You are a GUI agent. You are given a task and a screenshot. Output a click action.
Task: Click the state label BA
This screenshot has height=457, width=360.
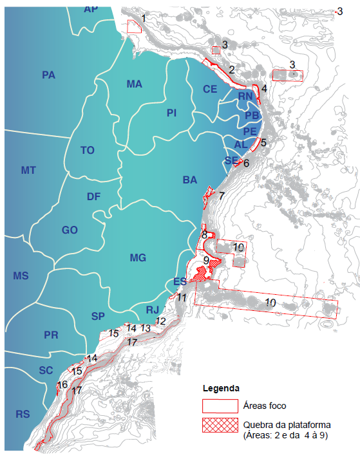pos(189,181)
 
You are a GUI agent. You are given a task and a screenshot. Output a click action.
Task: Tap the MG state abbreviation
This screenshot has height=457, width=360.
pos(138,258)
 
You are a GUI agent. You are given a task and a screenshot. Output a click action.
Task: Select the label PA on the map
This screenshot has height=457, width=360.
pos(48,75)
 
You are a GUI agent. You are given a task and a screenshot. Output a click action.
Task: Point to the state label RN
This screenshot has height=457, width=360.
pos(245,97)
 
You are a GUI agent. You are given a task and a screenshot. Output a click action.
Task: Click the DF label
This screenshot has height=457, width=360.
pos(94,197)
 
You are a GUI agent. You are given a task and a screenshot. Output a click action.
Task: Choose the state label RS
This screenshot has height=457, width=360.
pos(23,414)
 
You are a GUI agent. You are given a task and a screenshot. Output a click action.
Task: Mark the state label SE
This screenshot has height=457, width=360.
pos(231,160)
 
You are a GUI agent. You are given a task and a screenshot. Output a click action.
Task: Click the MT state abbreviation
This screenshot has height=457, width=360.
pos(28,170)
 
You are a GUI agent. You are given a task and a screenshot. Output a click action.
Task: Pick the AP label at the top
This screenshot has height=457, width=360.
pos(91,9)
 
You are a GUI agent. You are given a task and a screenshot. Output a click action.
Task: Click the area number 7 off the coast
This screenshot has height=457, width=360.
pos(222,195)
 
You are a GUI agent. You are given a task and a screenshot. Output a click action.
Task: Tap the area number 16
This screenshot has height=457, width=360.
pos(62,385)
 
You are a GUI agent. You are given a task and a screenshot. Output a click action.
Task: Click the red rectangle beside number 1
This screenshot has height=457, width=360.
pos(133,26)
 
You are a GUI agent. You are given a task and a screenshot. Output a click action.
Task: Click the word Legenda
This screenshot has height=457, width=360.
pos(222,389)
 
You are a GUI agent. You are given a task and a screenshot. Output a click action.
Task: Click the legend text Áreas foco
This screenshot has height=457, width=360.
pos(265,406)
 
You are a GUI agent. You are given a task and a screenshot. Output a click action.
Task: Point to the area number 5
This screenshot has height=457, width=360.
pos(263,136)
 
